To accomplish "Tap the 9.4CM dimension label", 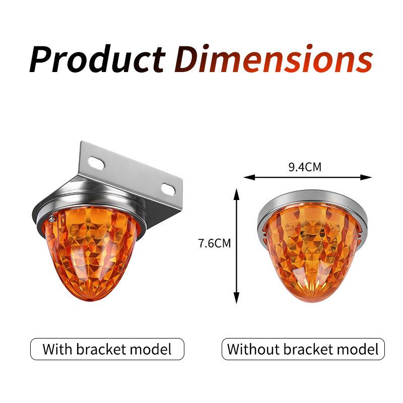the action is click(x=305, y=167).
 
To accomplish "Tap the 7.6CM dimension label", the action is click(x=215, y=243).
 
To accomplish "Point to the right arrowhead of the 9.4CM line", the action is click(x=366, y=177).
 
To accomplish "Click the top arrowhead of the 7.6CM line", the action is click(x=236, y=194).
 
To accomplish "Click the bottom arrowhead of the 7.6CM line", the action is click(x=236, y=298).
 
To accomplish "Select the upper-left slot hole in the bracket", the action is click(x=96, y=162).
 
